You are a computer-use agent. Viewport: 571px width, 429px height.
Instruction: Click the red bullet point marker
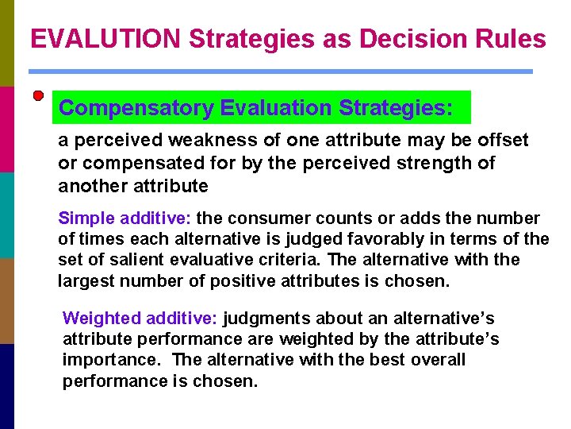click(x=38, y=96)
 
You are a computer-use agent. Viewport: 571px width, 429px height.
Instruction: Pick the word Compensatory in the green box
click(x=136, y=108)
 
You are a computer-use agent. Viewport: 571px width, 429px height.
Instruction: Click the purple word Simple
click(x=86, y=218)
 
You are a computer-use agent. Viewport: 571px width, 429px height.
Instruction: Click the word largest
click(x=87, y=280)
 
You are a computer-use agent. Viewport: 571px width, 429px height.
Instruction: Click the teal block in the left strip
click(x=7, y=214)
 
